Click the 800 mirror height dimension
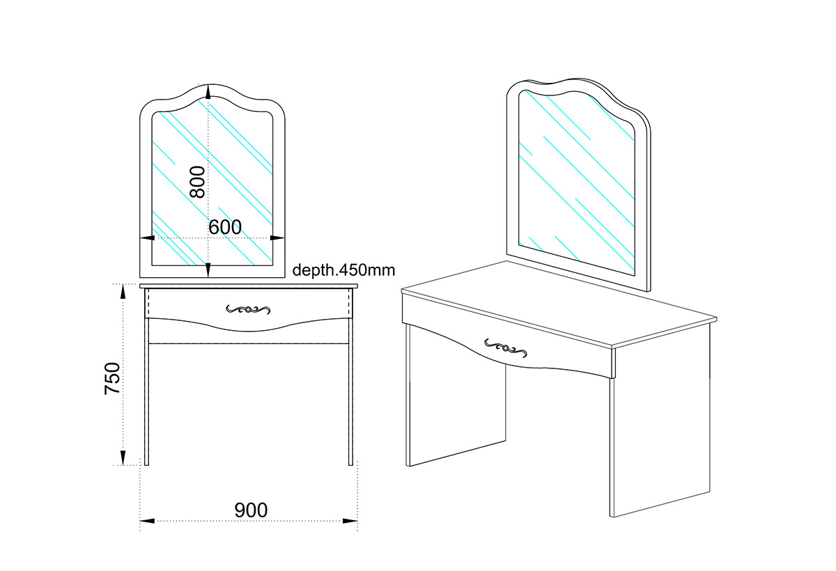(x=197, y=182)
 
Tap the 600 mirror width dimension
(x=225, y=227)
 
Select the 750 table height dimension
(x=112, y=378)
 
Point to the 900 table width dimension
(x=251, y=510)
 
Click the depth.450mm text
(x=343, y=270)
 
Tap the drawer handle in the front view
(x=248, y=309)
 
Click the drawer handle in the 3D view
(x=506, y=348)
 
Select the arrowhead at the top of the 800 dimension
(x=208, y=92)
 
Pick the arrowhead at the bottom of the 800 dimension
(x=208, y=270)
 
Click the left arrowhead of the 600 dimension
(x=148, y=238)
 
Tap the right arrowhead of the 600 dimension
(x=277, y=238)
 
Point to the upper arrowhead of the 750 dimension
(x=123, y=292)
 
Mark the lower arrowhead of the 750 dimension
(x=123, y=457)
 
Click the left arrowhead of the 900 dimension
(x=147, y=521)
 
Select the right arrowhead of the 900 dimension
(x=350, y=521)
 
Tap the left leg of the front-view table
(x=147, y=391)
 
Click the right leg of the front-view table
(x=351, y=391)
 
